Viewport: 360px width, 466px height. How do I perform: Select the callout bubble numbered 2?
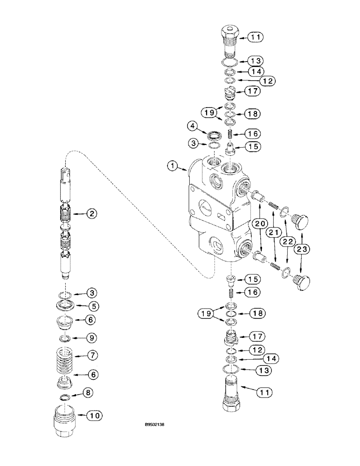tap(91, 214)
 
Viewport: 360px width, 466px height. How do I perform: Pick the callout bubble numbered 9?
tap(92, 336)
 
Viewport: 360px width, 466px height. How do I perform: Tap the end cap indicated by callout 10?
tap(64, 416)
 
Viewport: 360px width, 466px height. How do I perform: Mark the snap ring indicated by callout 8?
tap(65, 397)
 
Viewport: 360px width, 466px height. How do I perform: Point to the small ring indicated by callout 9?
tap(65, 337)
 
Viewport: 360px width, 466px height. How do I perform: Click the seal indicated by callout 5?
tap(65, 306)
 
